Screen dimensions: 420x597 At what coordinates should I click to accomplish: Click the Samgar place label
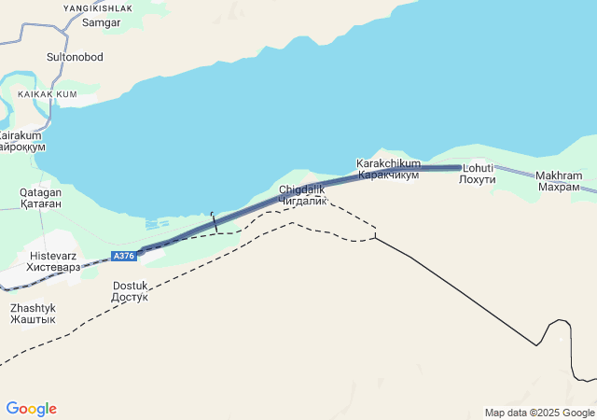[x=102, y=22]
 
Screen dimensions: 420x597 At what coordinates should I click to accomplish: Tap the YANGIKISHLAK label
[x=98, y=7]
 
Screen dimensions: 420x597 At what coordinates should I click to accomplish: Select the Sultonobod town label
[x=75, y=57]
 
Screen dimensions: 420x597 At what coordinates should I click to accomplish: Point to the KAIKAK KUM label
[x=47, y=94]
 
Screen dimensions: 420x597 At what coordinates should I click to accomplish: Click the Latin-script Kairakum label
[x=19, y=135]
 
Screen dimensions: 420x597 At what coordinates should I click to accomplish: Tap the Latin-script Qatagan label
[x=40, y=191]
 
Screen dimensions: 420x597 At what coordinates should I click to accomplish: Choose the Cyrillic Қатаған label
[x=40, y=203]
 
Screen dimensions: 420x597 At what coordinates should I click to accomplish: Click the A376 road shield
[x=123, y=256]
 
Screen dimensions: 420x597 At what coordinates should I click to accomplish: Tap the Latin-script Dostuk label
[x=130, y=286]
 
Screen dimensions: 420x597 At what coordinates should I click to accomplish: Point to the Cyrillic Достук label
[x=130, y=298]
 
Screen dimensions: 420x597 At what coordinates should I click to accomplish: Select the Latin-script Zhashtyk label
[x=33, y=307]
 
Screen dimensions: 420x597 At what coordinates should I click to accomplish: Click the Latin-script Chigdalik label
[x=301, y=189]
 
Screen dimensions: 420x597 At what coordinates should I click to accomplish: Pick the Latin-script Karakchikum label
[x=388, y=163]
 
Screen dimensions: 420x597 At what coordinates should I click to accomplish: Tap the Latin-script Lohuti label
[x=478, y=168]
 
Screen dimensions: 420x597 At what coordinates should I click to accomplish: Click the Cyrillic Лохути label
[x=478, y=179]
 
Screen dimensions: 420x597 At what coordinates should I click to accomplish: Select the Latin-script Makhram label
[x=559, y=175]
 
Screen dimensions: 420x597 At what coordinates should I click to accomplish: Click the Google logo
[x=31, y=409]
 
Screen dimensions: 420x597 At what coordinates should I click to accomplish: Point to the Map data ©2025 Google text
[x=539, y=413]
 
